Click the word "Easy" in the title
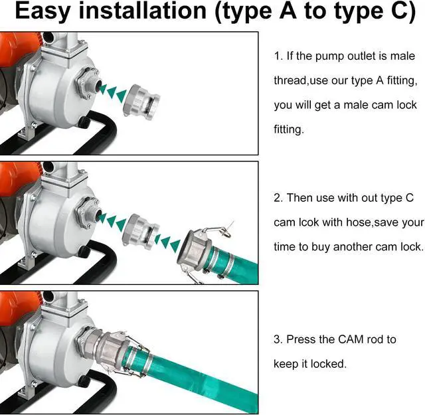coord(42,11)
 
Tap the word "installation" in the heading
coord(143,11)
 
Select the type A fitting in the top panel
coord(141,100)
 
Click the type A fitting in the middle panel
coord(141,230)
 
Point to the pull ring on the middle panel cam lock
coord(226,231)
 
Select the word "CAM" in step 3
coord(351,339)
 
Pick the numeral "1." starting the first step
coord(278,56)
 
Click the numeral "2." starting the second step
coord(278,198)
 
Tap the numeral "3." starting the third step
coord(278,339)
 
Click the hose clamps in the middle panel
coord(222,260)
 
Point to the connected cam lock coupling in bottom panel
coord(114,349)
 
